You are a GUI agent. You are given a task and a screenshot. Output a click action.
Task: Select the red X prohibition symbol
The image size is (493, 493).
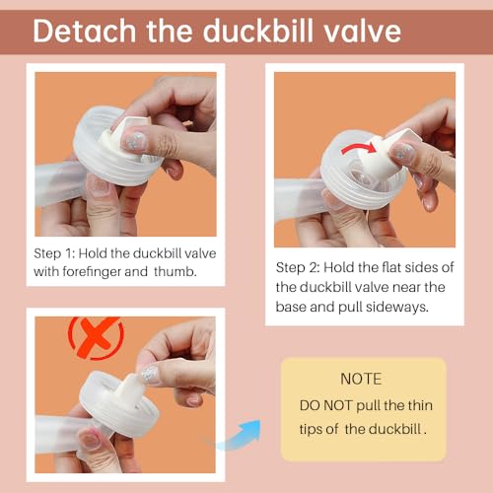[x=94, y=337]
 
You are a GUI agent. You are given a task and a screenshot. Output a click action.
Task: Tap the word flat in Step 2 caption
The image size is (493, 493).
[x=383, y=267]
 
